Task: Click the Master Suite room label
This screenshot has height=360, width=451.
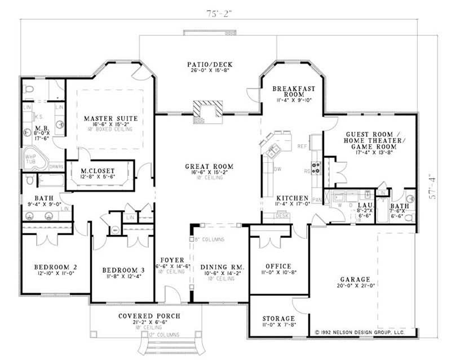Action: tap(110, 118)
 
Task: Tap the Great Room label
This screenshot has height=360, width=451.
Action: tap(209, 167)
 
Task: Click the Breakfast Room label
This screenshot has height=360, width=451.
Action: tap(293, 92)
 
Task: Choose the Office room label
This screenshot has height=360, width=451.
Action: tap(277, 266)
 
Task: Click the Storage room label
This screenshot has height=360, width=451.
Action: tap(277, 319)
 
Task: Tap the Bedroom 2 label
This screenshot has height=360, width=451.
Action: tap(55, 266)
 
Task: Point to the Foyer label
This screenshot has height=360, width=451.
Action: tap(171, 260)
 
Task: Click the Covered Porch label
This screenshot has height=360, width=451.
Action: tap(150, 316)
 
